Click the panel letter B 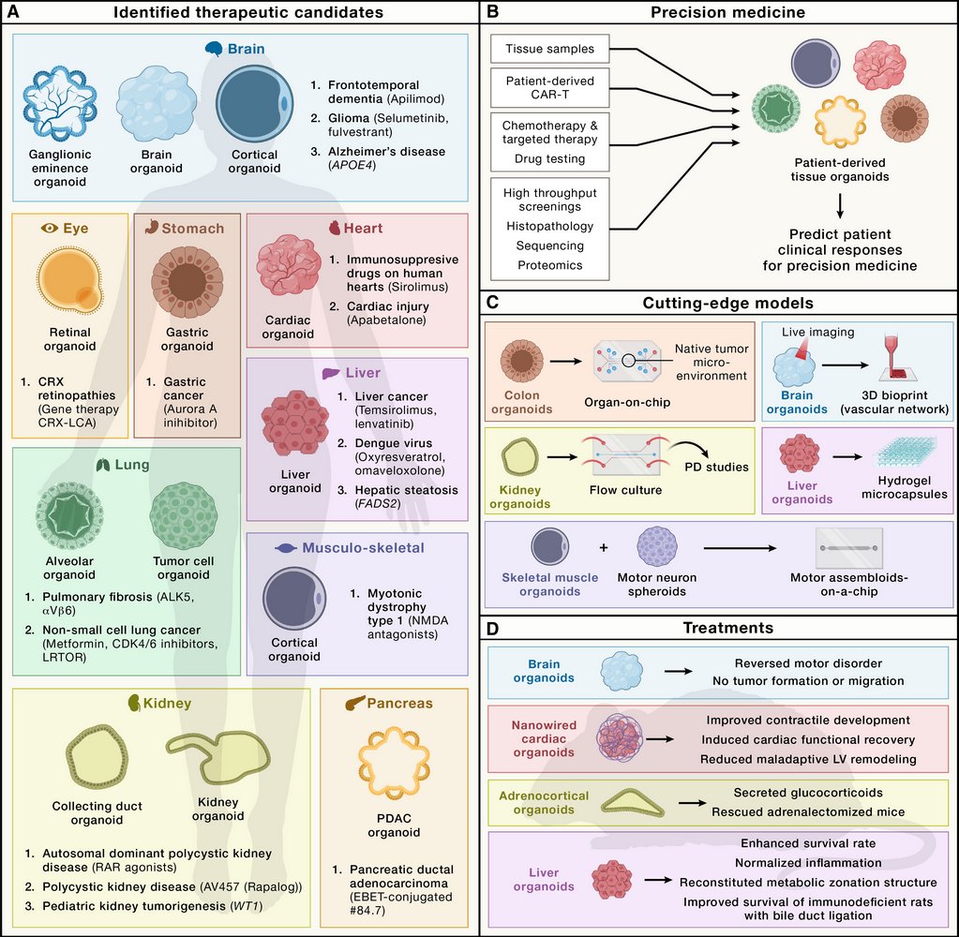coord(493,12)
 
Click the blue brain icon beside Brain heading coord(215,48)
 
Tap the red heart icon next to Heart coord(335,228)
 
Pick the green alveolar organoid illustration coord(68,518)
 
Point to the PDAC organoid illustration coord(387,766)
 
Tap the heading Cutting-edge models coord(720,303)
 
